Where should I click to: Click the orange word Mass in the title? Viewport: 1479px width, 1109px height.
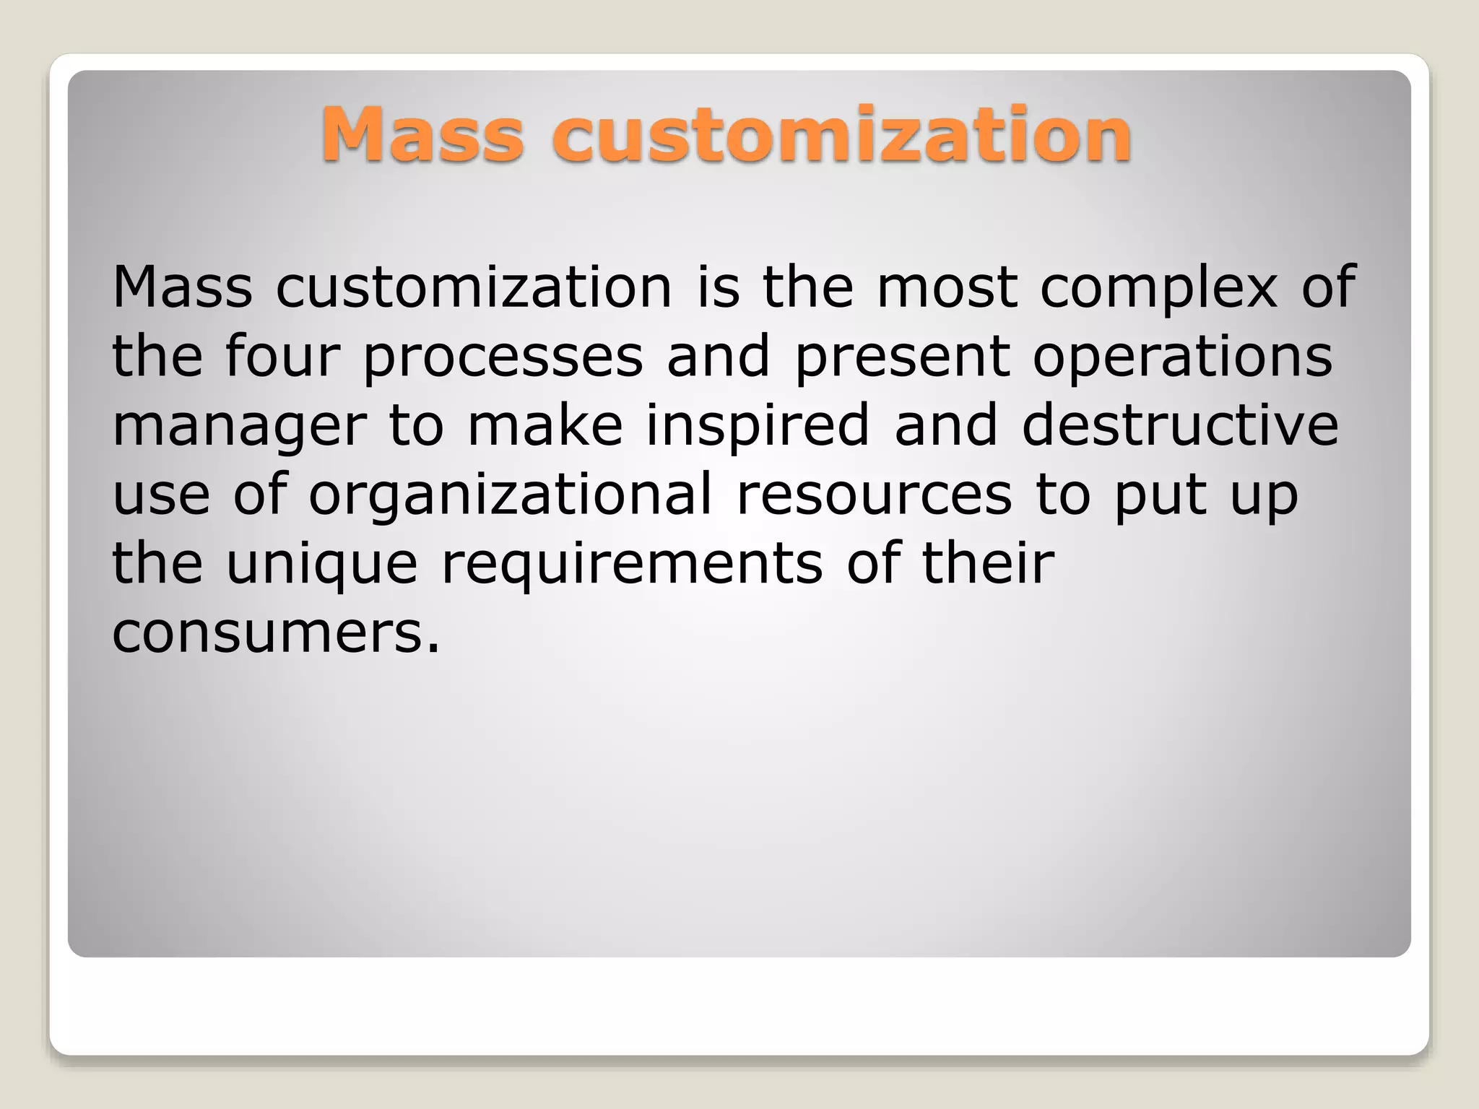422,134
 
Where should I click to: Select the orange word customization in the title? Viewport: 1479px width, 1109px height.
842,134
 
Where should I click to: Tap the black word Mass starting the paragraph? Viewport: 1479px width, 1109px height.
182,287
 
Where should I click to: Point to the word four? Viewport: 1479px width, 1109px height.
282,357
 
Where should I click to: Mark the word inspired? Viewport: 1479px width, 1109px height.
758,426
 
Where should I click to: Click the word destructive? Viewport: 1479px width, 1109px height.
1180,426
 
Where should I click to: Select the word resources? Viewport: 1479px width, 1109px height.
874,495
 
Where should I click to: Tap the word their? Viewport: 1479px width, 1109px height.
988,563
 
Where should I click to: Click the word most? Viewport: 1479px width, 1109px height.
947,287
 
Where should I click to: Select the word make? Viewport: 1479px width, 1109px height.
545,426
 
